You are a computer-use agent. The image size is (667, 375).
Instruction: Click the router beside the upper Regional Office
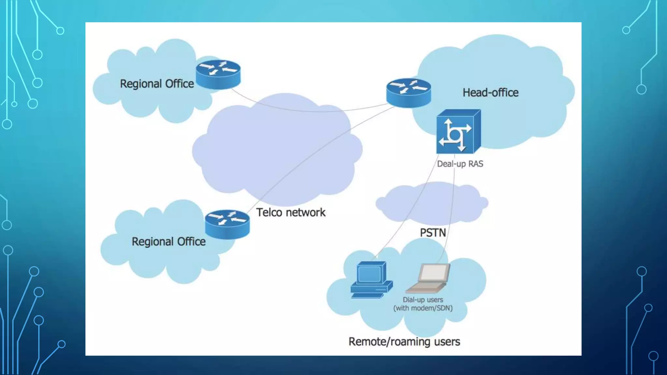tap(218, 74)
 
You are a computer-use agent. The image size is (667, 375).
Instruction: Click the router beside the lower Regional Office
tap(227, 224)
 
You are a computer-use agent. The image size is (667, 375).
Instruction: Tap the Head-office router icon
tap(408, 93)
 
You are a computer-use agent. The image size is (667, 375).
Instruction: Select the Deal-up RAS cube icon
tap(458, 132)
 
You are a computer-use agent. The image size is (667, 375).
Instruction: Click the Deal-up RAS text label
tap(460, 164)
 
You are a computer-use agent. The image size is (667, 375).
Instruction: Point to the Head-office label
tap(490, 93)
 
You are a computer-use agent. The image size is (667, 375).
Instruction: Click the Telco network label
tap(291, 213)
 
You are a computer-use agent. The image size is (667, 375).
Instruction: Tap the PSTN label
tap(433, 233)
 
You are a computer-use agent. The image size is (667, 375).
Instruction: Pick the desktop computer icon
tap(371, 280)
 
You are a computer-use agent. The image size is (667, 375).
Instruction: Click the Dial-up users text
tap(423, 300)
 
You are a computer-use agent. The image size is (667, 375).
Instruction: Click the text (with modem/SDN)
tap(423, 308)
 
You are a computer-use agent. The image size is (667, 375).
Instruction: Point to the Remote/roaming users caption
tap(404, 342)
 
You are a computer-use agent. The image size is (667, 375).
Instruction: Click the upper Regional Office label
tap(157, 84)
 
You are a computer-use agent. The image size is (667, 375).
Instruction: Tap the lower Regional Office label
tap(168, 242)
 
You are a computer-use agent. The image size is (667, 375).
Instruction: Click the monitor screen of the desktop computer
tap(369, 274)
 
